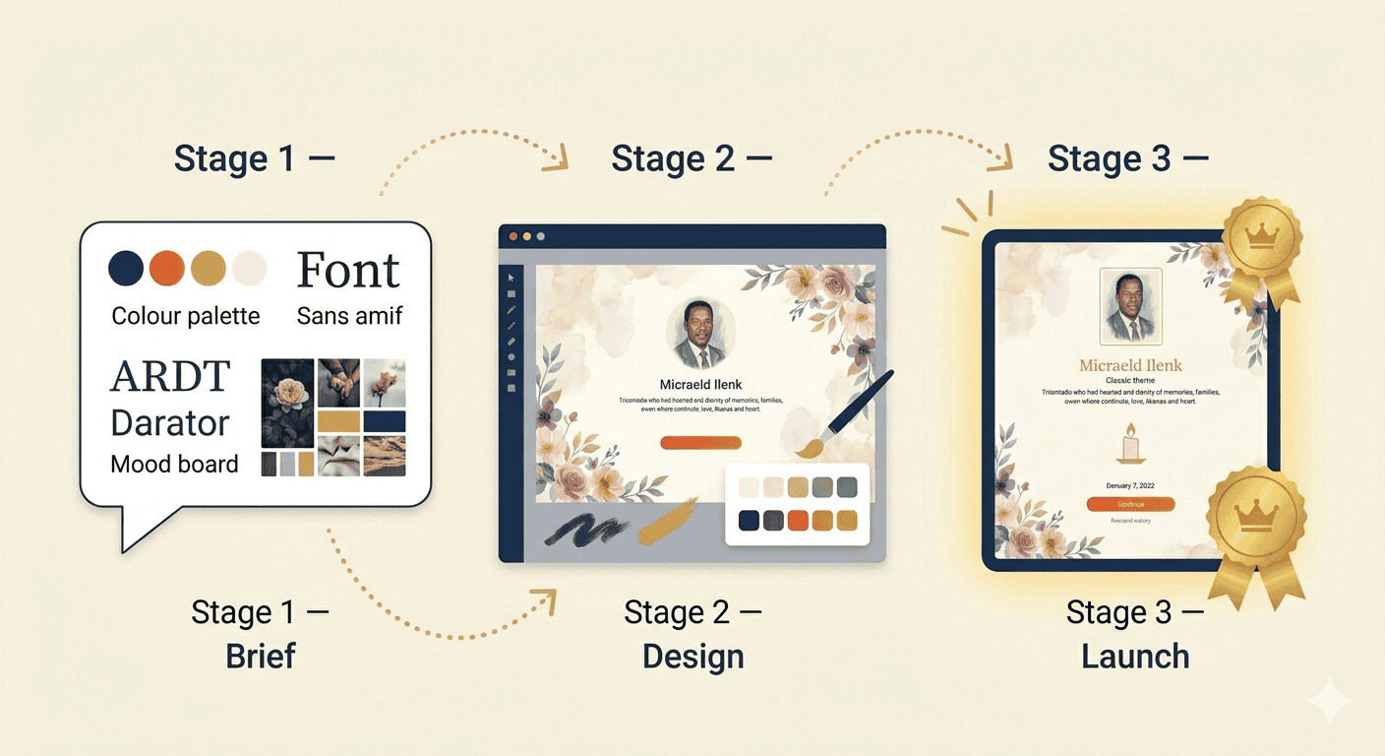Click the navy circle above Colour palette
126,268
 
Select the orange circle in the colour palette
167,268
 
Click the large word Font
348,270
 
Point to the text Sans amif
349,316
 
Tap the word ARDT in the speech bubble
170,377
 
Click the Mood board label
174,464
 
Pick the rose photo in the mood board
287,402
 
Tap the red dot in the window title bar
513,236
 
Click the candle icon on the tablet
1130,444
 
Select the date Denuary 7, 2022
1130,485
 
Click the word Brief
261,657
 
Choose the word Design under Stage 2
692,657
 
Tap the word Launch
1135,657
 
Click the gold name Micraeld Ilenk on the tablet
1130,365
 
